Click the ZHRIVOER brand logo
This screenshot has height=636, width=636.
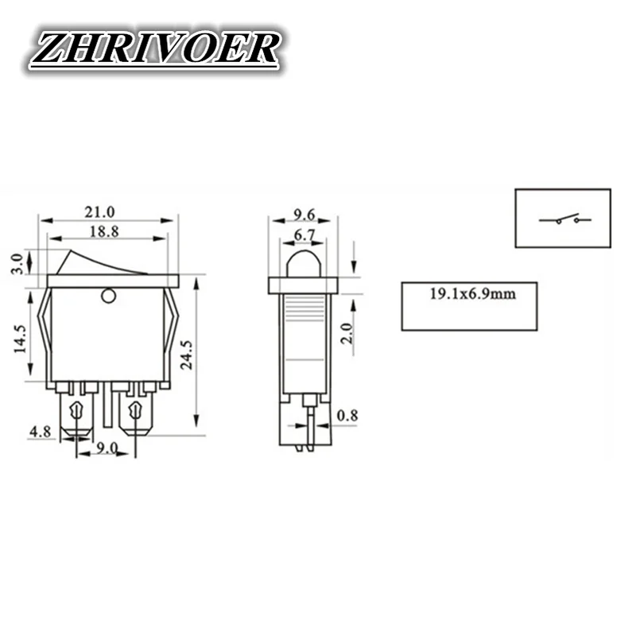[x=154, y=50]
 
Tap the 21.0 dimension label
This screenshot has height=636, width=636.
[x=101, y=211]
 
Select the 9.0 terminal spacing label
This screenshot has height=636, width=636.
[x=107, y=448]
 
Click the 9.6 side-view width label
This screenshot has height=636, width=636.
[x=304, y=213]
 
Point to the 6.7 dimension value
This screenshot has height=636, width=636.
[x=304, y=235]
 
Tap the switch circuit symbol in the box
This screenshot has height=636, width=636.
[x=564, y=218]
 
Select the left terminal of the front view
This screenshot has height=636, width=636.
[x=76, y=413]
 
